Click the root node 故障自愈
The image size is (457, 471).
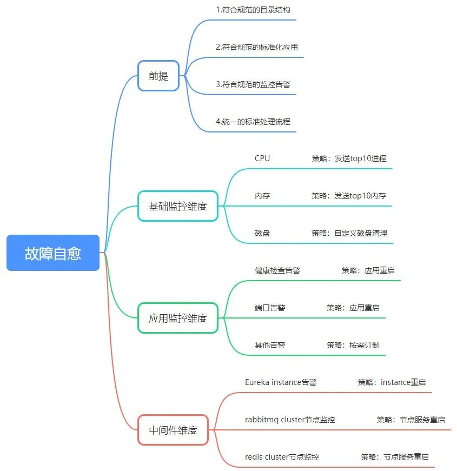[53, 253]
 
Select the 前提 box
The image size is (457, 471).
[158, 76]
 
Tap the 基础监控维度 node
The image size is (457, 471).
[177, 206]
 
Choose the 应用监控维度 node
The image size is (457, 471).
[177, 318]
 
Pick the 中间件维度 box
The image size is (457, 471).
[173, 430]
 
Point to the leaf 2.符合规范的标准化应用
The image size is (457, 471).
[256, 47]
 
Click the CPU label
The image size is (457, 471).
[262, 158]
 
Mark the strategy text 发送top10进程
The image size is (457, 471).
[360, 158]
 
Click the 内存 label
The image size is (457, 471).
[262, 196]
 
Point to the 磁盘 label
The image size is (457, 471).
[262, 233]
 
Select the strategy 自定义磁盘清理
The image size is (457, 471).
[361, 233]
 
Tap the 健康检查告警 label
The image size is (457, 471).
[277, 270]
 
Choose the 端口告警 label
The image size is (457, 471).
[270, 308]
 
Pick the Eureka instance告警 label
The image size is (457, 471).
[281, 382]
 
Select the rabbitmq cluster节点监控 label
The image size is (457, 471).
[290, 420]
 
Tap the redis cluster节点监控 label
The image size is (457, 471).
[282, 457]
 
